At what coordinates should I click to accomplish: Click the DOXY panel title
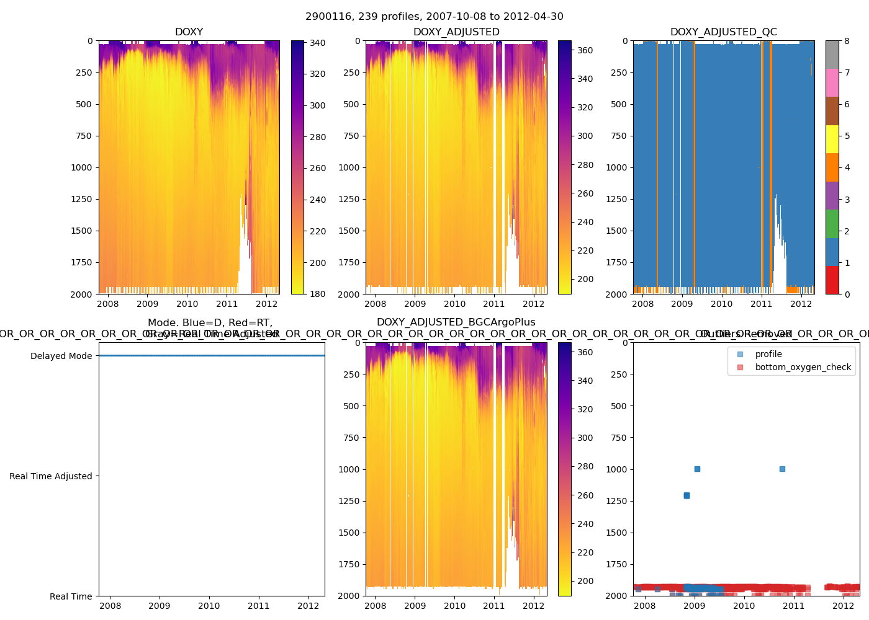pos(189,32)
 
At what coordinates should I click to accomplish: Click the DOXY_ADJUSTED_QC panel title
pos(723,32)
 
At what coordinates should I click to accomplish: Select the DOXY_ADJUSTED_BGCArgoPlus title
pos(456,322)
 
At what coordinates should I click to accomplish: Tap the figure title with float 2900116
pos(434,17)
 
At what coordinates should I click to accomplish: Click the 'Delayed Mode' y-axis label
pos(61,356)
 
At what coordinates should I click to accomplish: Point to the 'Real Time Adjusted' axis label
pos(50,476)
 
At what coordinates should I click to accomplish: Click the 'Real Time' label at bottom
pos(71,596)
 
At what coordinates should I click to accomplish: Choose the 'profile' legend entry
pos(768,354)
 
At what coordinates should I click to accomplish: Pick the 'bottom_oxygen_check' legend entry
pos(803,367)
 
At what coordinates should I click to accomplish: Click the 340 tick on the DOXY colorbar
pos(318,43)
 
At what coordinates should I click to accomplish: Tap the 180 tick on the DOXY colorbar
pos(318,294)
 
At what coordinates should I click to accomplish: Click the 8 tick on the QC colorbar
pos(847,41)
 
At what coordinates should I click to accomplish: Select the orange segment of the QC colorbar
pos(832,167)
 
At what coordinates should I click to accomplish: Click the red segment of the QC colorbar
pos(832,280)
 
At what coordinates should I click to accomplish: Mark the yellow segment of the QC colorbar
pos(832,139)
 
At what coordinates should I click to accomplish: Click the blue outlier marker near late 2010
pos(782,469)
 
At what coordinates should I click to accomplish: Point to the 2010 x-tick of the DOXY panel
pos(187,304)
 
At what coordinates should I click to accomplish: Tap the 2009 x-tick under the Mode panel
pos(160,606)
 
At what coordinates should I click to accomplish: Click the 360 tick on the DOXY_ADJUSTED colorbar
pos(585,50)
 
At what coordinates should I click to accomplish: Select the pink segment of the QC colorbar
pos(832,83)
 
